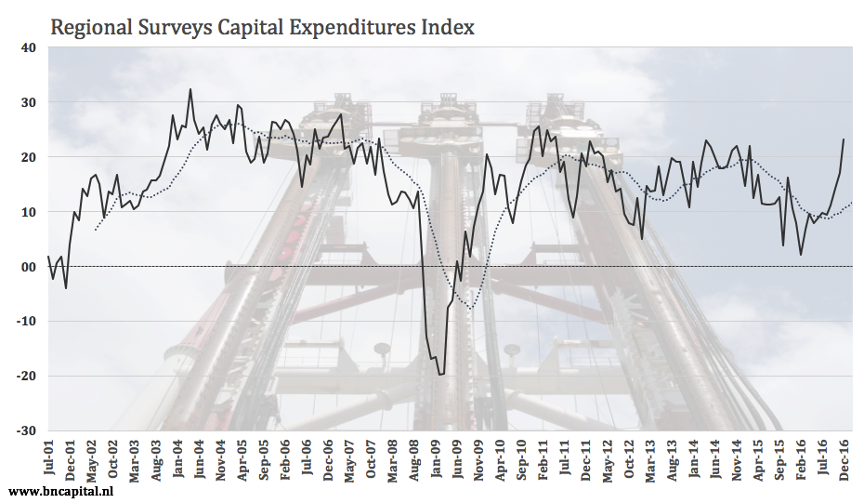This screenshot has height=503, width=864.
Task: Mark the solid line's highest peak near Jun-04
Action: tap(190, 90)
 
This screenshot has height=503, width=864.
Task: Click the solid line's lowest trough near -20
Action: tap(440, 374)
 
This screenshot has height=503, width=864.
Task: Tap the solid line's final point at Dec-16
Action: tap(844, 139)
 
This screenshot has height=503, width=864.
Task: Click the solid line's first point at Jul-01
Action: tap(48, 257)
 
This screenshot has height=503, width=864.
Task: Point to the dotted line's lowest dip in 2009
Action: tap(471, 309)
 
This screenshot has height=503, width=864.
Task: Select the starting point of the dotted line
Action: tap(95, 229)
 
